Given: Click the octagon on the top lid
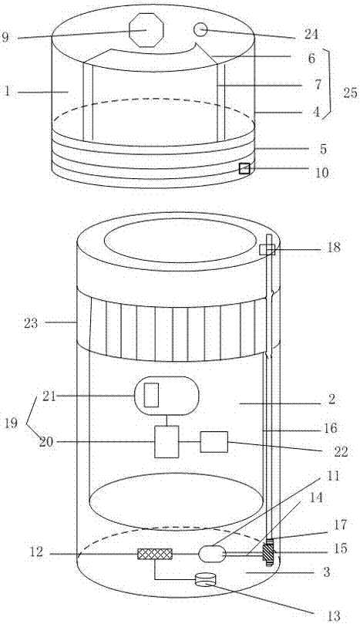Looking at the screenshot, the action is pos(146,30).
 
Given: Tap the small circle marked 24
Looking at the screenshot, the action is pos(200,29).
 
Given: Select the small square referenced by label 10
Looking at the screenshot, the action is pos(244,169).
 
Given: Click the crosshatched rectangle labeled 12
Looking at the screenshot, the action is pos(155,554).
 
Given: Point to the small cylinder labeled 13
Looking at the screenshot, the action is pos(206,579).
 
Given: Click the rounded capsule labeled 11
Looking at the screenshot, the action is pos(212,554).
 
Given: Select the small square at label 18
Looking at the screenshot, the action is pos(267,249).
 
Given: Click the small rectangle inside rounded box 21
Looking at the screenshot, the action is pos(151,395).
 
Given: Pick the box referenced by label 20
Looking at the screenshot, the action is pos(167,441).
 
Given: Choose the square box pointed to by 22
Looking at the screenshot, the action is pos(214,442).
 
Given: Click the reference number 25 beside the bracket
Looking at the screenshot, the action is pos(350,94).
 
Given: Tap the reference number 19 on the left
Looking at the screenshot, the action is pos(11,423).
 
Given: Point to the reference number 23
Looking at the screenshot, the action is pos(31,323).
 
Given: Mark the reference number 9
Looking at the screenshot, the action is pos(5,38).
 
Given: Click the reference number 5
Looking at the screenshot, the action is pos(323,149).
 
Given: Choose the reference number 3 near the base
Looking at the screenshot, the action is pos(327,572).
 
